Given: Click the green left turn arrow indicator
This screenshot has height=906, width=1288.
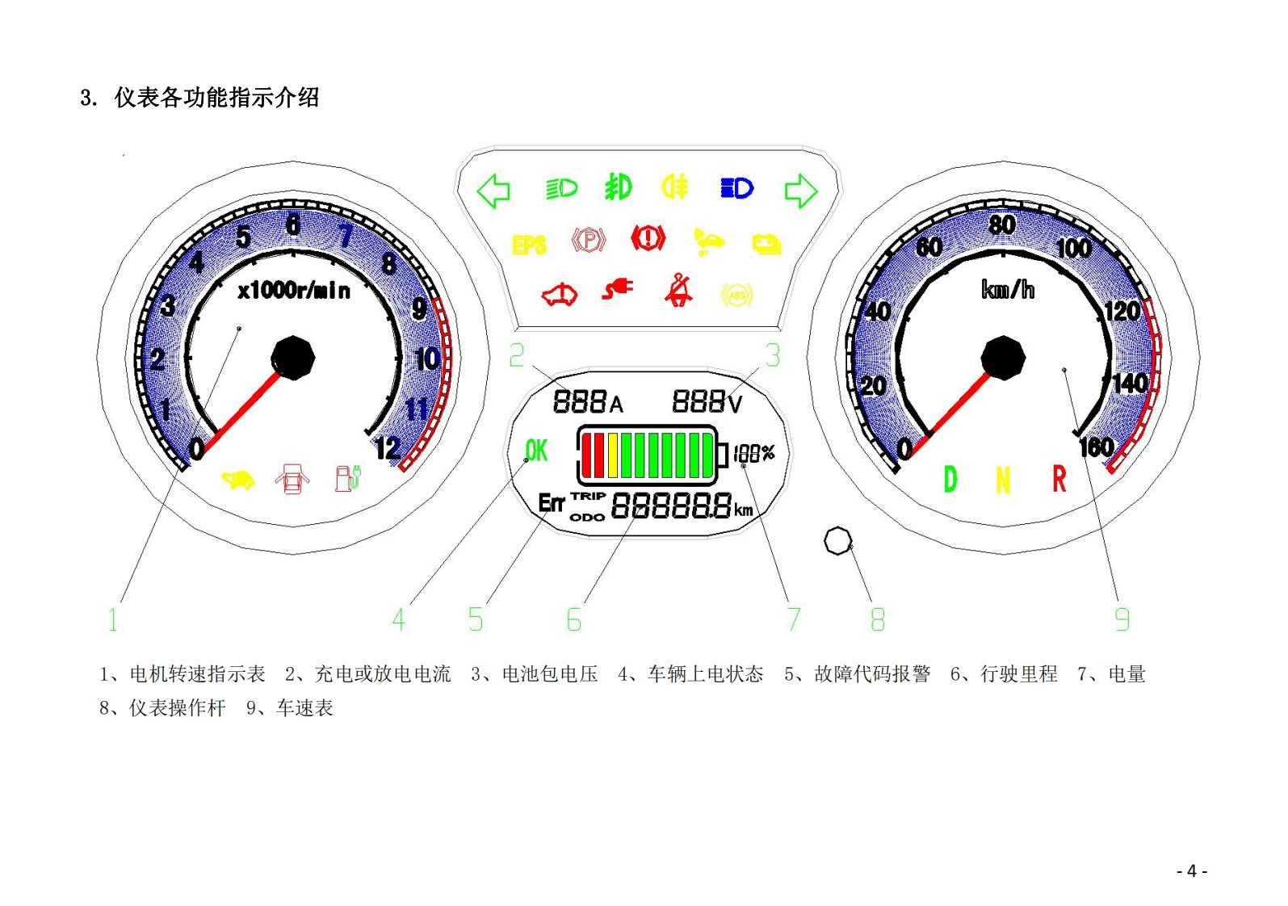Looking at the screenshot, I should coord(493,191).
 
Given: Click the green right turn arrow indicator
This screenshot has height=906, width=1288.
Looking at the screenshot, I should coord(800,191).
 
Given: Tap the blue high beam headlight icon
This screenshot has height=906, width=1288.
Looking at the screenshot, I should coord(736,188).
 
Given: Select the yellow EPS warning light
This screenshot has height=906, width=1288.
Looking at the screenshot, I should coord(529,244).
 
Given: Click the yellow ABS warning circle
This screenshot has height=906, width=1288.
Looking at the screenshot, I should coord(736,296).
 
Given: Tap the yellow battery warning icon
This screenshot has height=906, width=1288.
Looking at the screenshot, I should coord(766,243).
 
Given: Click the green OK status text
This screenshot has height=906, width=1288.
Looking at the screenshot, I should coord(536,451).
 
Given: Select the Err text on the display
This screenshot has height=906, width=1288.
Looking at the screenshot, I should coord(552,504).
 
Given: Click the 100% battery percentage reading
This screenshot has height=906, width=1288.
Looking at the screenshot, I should coord(754,453).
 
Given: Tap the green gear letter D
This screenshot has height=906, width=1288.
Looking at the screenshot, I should coord(950,480).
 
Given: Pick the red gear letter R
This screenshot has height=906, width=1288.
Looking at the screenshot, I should coord(1059,480).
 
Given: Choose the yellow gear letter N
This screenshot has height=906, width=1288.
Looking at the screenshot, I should coord(1003,481).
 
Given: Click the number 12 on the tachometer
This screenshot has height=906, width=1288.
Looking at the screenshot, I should coord(388,448).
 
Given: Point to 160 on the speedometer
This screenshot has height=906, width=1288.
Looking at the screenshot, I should coord(1097,447).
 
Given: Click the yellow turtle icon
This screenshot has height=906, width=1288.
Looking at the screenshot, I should coord(238,480).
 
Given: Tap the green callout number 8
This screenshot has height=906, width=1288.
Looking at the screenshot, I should coord(878,619).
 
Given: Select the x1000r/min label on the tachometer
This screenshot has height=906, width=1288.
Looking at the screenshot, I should coord(294,291).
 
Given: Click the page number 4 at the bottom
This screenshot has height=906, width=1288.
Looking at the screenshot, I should coord(1192,871).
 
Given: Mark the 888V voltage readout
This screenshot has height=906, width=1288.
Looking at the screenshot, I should coord(707,401).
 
